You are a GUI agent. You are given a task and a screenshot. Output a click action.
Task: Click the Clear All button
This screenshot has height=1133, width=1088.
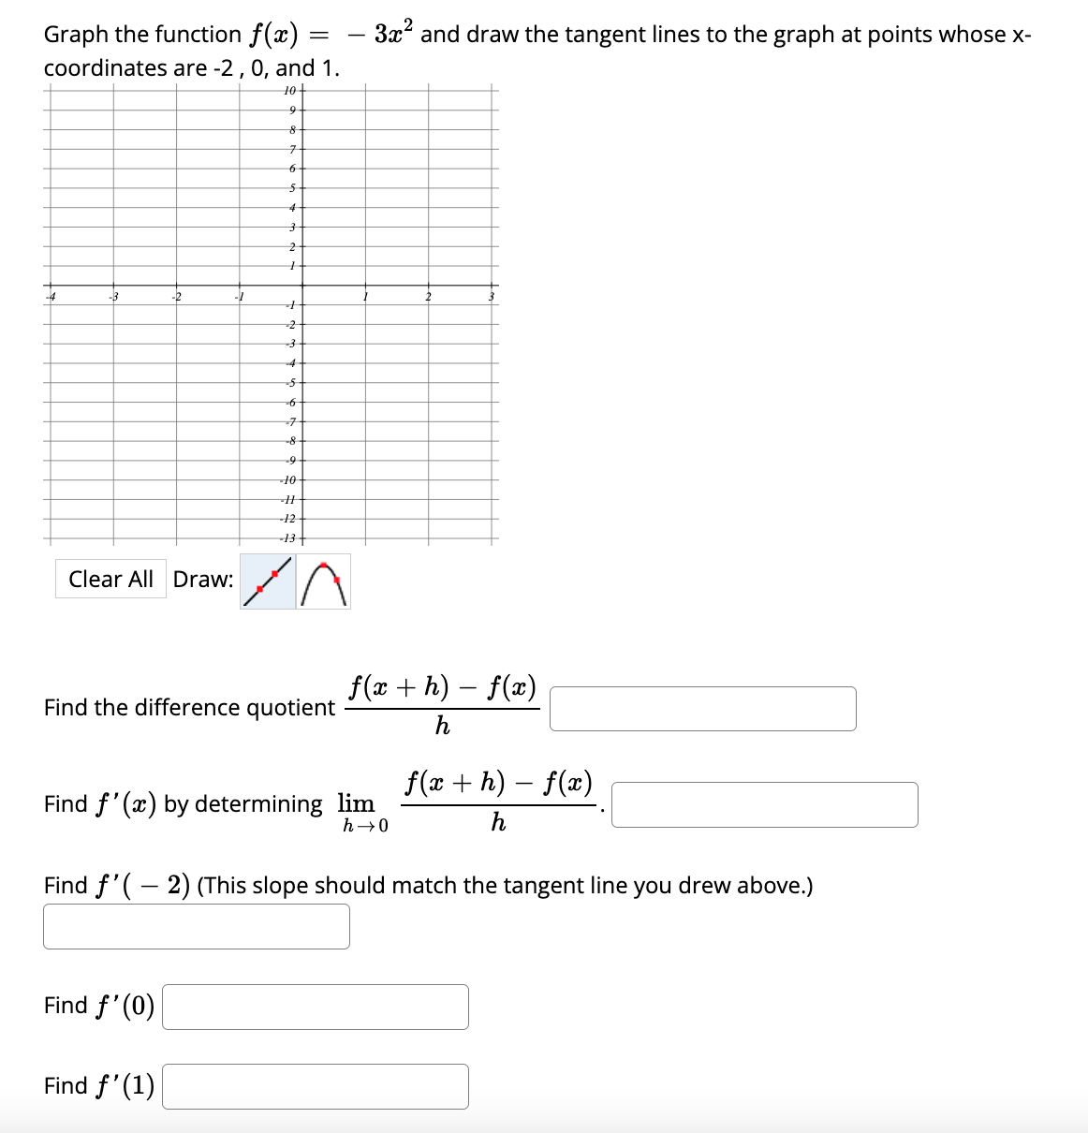(x=110, y=580)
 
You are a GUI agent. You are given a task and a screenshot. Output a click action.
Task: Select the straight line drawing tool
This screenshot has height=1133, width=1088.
(x=268, y=581)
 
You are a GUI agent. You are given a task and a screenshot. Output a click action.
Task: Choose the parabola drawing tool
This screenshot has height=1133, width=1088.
(x=324, y=581)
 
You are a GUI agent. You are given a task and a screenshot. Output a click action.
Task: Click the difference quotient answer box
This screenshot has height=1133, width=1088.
(x=702, y=709)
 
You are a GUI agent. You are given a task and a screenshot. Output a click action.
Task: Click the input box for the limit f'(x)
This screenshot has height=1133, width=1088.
(x=764, y=805)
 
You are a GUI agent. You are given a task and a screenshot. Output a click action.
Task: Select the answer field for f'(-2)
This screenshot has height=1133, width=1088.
(x=197, y=926)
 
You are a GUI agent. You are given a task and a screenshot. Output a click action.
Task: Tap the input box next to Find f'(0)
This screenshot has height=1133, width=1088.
(x=315, y=1007)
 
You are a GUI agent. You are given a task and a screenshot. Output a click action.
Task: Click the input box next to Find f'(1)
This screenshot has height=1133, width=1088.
(x=315, y=1087)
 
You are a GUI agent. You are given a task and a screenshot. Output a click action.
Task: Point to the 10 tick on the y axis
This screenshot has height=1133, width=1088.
(x=289, y=91)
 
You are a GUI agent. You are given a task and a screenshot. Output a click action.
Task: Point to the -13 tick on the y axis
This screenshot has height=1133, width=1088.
(x=288, y=538)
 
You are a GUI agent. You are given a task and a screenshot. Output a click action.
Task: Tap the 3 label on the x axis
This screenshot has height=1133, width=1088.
(x=492, y=298)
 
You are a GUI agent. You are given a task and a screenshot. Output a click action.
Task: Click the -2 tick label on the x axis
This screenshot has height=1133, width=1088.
(x=175, y=298)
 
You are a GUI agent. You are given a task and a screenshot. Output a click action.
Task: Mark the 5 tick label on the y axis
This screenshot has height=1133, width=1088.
(x=291, y=188)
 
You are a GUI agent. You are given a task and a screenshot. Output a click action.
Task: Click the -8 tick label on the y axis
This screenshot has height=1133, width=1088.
(x=290, y=440)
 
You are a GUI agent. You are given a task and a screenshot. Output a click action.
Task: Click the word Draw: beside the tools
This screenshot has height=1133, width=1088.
(x=203, y=580)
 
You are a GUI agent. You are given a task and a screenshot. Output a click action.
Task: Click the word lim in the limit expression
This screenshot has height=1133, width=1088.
(x=356, y=803)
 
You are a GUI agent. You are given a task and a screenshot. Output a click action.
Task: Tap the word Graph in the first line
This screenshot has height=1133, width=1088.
(x=77, y=35)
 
